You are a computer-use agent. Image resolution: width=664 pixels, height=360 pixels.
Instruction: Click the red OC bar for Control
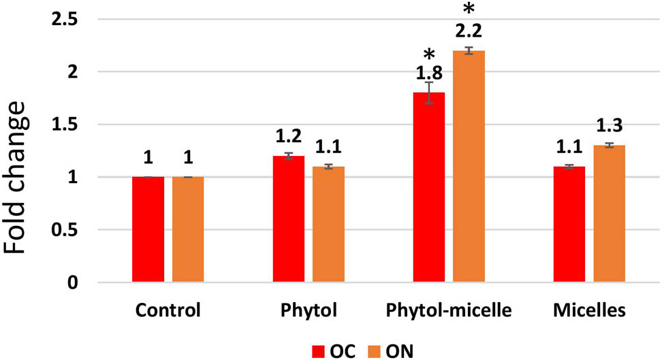[x=148, y=229]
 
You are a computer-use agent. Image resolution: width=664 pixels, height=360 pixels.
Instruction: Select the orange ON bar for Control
[x=188, y=229]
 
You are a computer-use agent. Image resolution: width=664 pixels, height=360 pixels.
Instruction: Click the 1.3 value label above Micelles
[x=609, y=127]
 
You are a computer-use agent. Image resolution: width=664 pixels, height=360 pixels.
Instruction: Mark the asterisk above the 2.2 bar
[x=469, y=10]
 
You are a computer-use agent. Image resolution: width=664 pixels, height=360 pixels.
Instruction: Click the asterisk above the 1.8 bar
[x=429, y=54]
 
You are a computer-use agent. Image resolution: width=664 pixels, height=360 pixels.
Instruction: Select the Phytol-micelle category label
[x=449, y=312]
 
